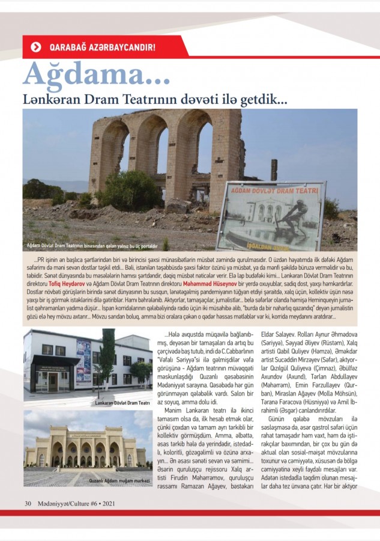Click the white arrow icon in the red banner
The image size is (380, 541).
tap(36, 46)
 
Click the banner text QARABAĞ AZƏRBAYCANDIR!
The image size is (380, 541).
tap(102, 46)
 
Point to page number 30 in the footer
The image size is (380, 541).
tap(28, 503)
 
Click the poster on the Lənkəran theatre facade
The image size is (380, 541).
tap(83, 361)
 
